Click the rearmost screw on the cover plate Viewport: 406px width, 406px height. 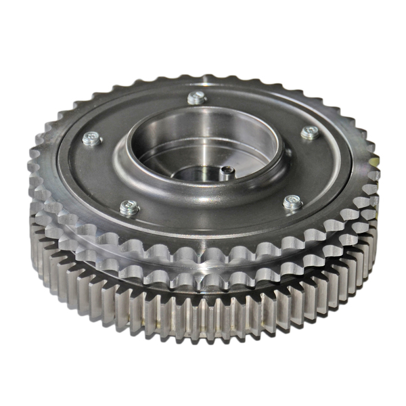pos(197,97)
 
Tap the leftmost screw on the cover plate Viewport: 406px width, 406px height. pos(92,139)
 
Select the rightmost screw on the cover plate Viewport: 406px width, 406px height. pos(309,133)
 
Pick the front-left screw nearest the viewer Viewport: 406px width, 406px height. pos(129,207)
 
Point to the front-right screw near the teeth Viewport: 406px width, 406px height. pos(292,202)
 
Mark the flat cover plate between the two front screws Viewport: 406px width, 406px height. pos(210,220)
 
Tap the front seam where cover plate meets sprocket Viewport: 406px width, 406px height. pos(203,237)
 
